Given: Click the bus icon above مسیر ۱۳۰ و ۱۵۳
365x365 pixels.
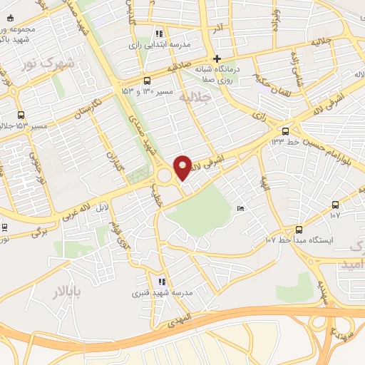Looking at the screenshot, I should (148, 81).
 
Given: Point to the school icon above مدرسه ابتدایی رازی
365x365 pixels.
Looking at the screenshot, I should (160, 33).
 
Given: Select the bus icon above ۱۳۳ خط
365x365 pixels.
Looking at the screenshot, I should (286, 130).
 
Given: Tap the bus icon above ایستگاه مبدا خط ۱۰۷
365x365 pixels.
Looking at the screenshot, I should (298, 230).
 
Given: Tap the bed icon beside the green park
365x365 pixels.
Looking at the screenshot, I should (240, 208).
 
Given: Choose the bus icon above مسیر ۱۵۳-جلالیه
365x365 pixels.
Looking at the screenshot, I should (20, 115).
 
